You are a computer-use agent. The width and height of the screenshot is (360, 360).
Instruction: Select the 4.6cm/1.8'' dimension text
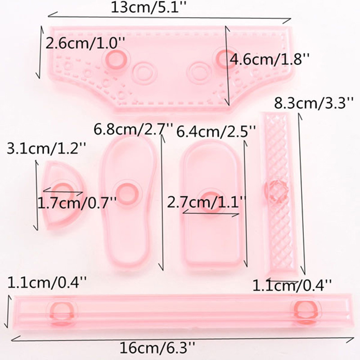click(270, 59)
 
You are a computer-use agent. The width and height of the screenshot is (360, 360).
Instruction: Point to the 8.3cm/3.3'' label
click(313, 103)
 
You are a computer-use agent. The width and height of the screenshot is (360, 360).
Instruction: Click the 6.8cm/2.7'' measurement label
click(133, 129)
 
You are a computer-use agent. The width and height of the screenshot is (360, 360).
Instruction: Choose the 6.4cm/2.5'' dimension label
click(216, 131)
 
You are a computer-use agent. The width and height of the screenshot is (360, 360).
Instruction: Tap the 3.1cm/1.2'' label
click(47, 148)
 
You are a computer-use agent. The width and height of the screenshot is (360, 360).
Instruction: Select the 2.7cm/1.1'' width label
click(207, 202)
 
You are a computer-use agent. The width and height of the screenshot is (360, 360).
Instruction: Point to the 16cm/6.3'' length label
click(157, 348)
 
